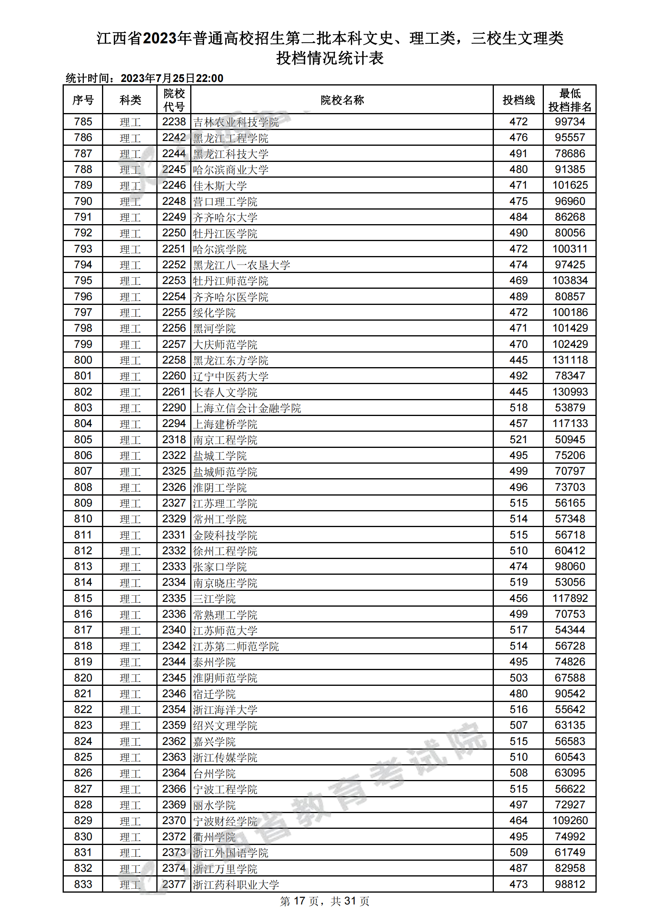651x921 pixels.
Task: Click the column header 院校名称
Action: coord(342,100)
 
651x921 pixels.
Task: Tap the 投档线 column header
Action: coord(518,100)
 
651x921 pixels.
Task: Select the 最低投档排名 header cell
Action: coord(569,100)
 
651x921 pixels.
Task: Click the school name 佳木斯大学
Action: coord(220,186)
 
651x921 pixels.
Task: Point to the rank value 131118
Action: coord(569,360)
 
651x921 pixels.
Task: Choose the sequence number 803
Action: coord(83,408)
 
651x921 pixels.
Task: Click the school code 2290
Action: coord(174,408)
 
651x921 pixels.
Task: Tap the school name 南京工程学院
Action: coord(225,440)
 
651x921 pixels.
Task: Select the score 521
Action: coord(518,440)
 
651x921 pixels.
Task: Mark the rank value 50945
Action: coord(569,440)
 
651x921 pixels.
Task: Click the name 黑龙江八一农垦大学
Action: coord(241,265)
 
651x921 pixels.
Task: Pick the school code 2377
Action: coord(174,884)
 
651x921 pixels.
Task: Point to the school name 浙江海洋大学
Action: coord(225,710)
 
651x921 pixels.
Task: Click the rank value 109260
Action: coord(569,821)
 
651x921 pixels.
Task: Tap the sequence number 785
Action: coord(83,122)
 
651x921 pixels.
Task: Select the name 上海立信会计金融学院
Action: coord(247,409)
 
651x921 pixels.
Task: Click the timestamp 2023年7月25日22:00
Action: coord(172,78)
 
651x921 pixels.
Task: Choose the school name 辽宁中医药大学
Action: coord(231,377)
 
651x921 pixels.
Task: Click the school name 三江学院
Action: coord(214,599)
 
